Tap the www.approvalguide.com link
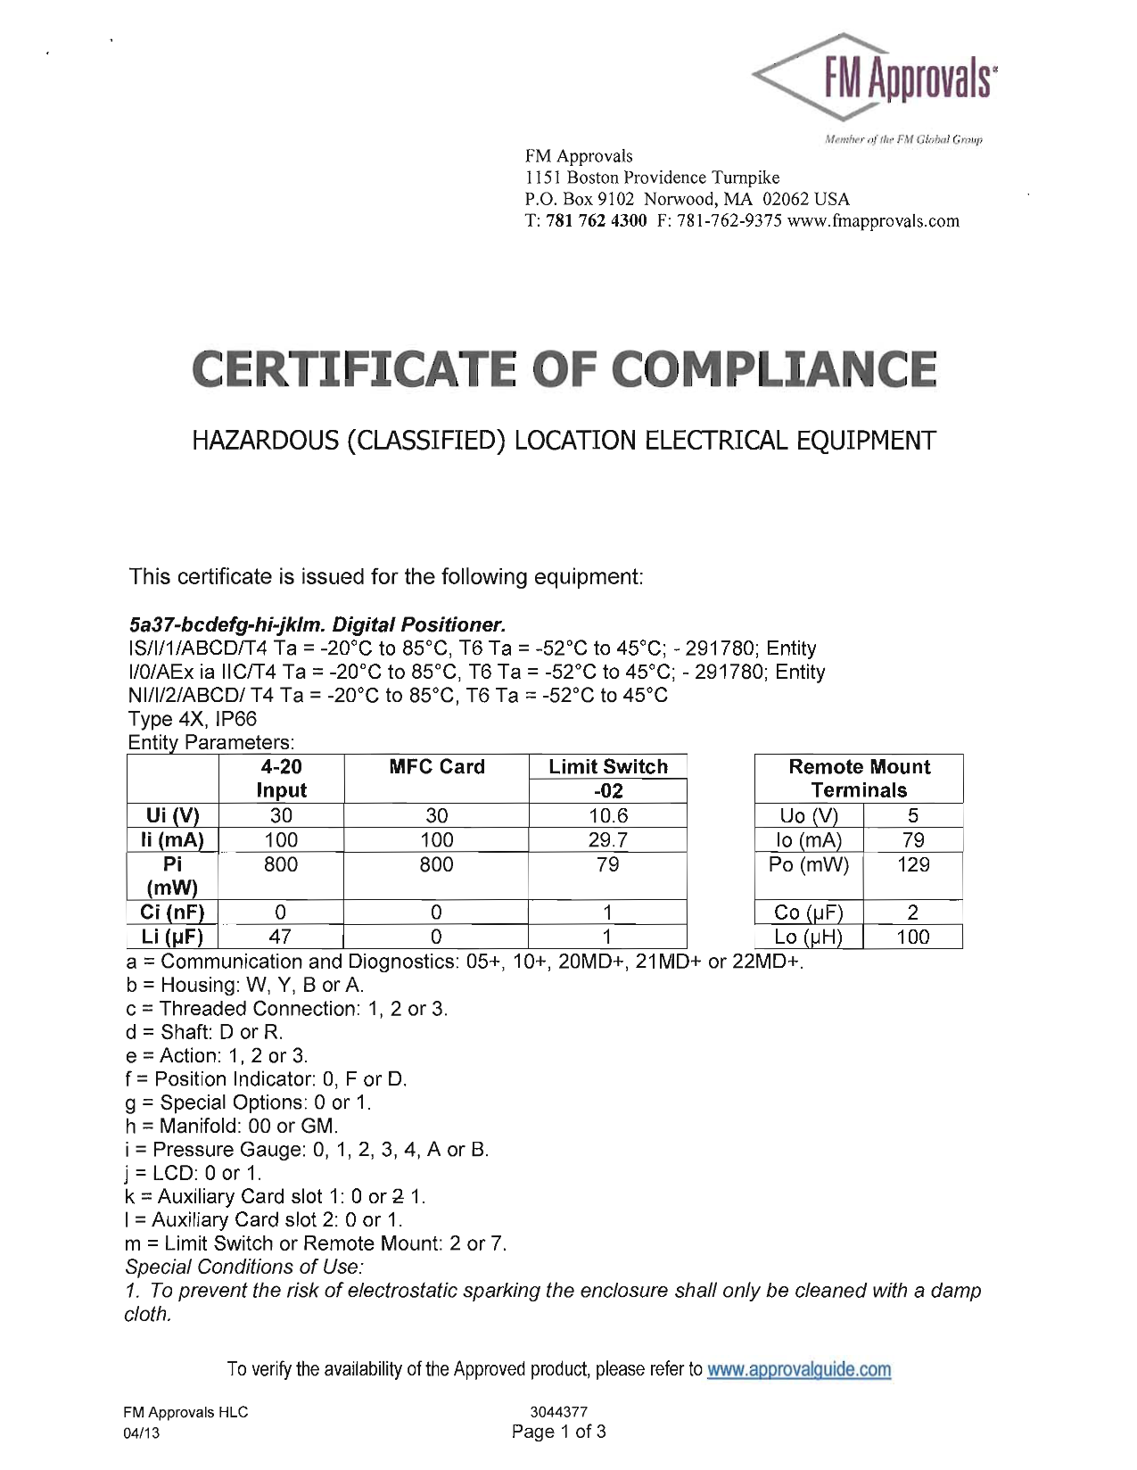[x=798, y=1369]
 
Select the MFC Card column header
[x=437, y=767]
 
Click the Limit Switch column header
[x=608, y=767]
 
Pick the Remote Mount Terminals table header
[x=859, y=779]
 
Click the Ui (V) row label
[x=173, y=815]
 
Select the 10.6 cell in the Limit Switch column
[x=608, y=815]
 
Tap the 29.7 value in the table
[x=608, y=839]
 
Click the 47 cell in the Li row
[x=281, y=937]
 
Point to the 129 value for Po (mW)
[x=913, y=864]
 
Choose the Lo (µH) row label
[x=809, y=937]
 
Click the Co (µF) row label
[x=809, y=913]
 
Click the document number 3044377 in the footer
[x=558, y=1412]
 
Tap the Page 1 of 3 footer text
[x=558, y=1432]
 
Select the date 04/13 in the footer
[x=143, y=1433]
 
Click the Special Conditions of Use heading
[x=244, y=1267]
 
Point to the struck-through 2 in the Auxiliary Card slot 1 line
[x=398, y=1196]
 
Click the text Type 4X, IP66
[x=193, y=719]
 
